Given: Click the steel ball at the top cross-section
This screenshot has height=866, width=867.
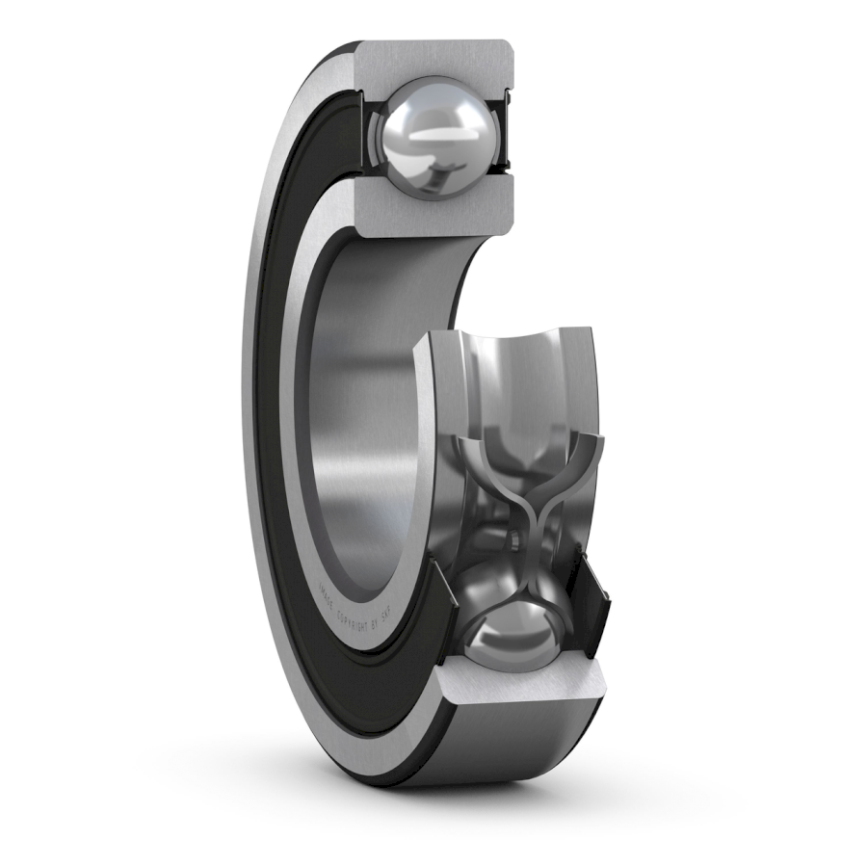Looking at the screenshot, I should tap(434, 135).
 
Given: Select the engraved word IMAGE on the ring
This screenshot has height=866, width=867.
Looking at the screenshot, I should tap(325, 590).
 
